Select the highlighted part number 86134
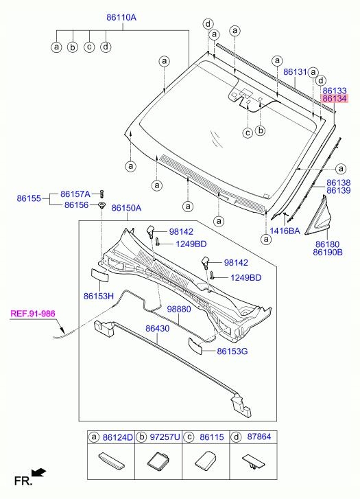(x=334, y=99)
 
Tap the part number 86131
(x=294, y=72)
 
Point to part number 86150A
(x=126, y=208)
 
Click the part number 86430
(x=156, y=329)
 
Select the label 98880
(x=178, y=310)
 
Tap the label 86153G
(x=232, y=351)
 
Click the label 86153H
(x=98, y=296)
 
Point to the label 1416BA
(x=285, y=231)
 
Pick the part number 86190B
(x=327, y=253)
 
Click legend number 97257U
(x=165, y=437)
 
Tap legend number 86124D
(x=119, y=437)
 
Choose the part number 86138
(x=338, y=182)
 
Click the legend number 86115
(x=210, y=437)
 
